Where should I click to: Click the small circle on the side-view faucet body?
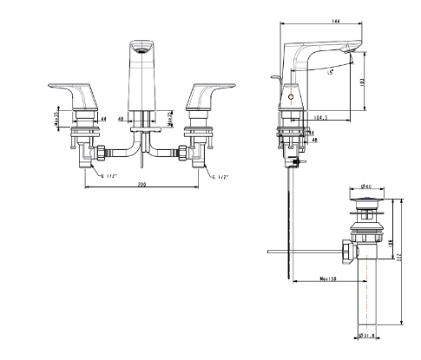coord(290,102)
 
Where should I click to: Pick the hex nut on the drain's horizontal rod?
coord(347,252)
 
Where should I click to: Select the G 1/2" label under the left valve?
coord(112,175)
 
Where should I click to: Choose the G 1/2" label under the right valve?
coord(222,175)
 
